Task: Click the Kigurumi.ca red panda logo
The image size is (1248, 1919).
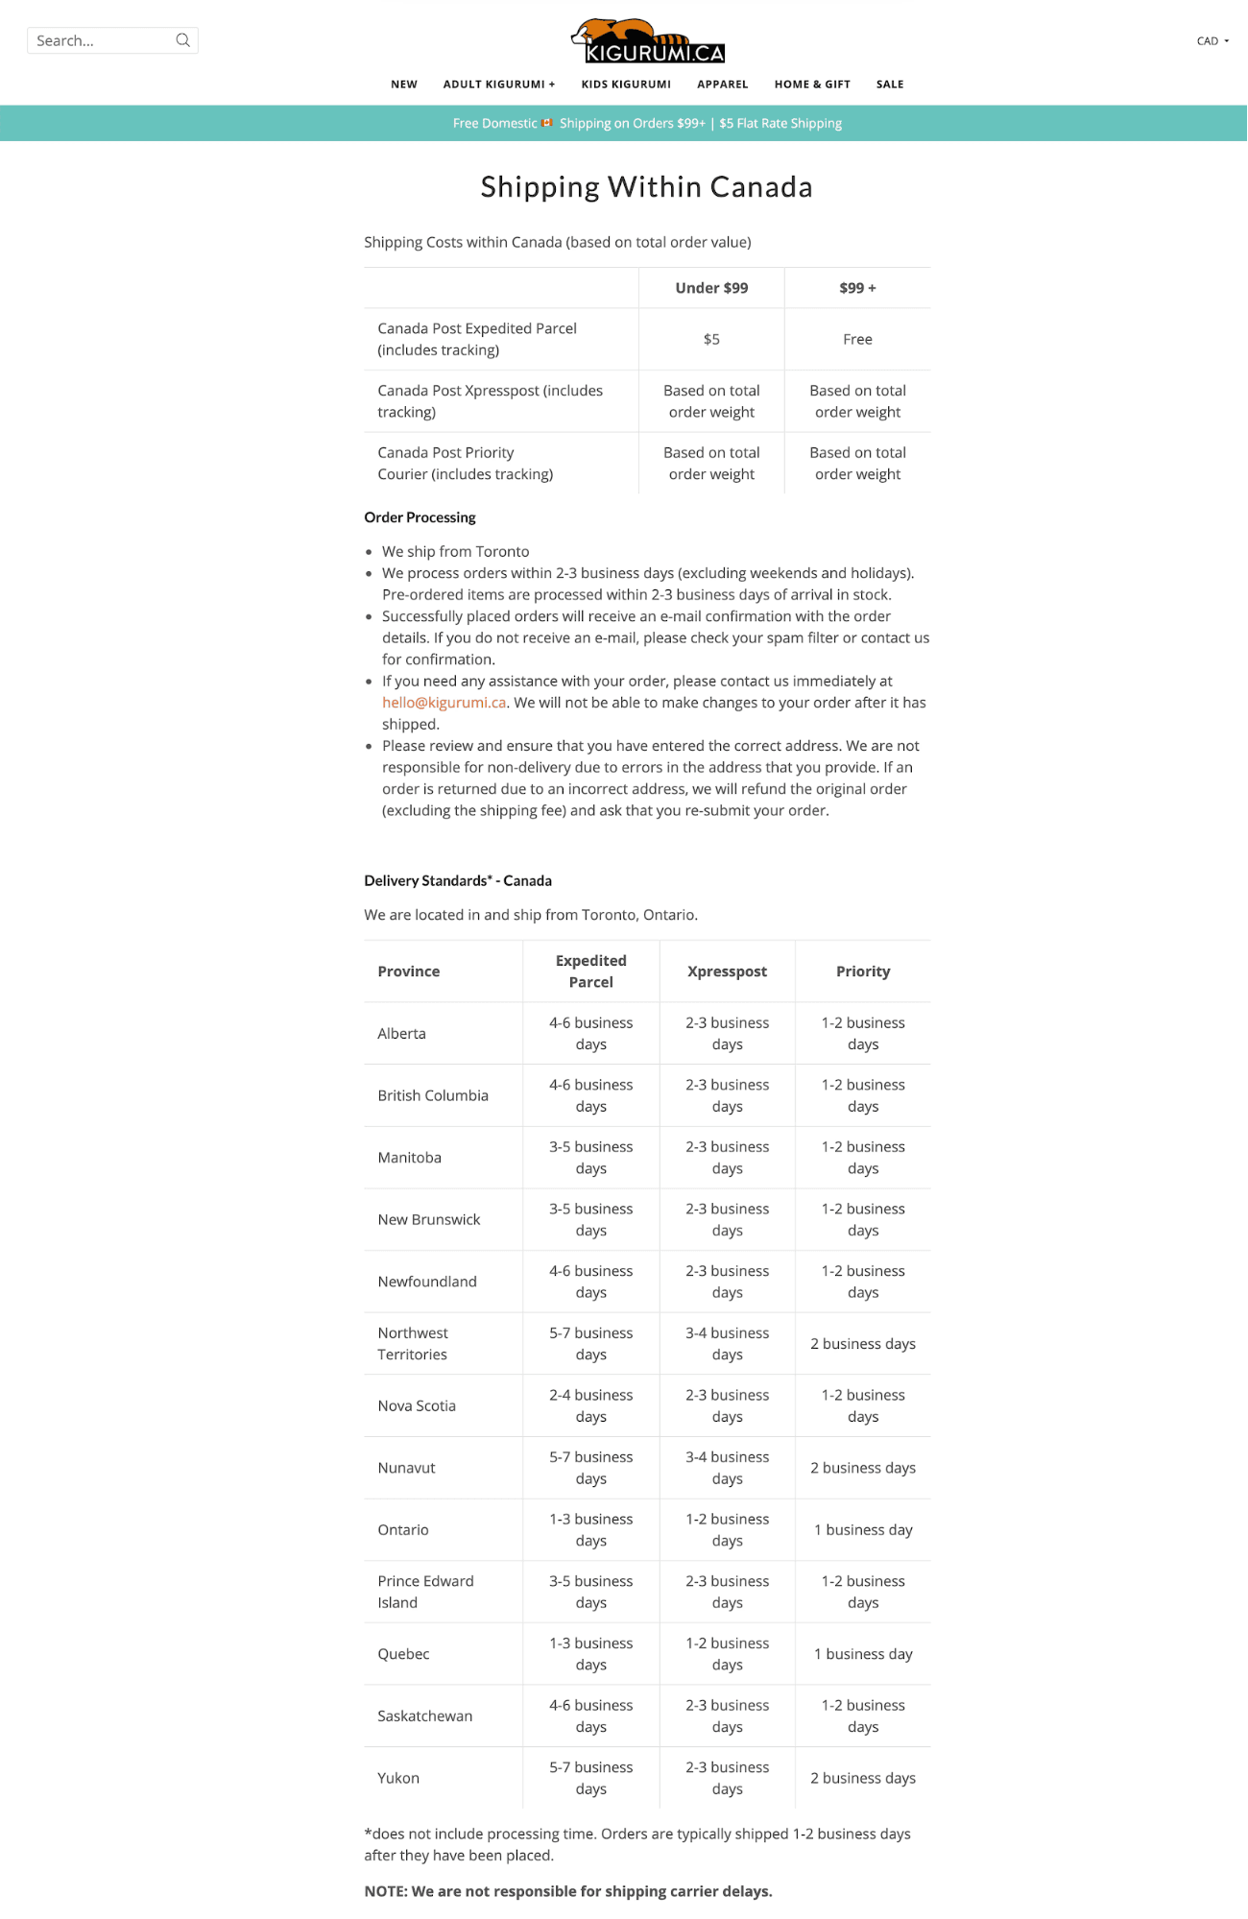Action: coord(647,41)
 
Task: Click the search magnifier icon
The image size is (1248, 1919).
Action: coord(182,40)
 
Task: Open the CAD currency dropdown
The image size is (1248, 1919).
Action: coord(1212,41)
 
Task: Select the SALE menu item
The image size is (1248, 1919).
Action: coord(890,84)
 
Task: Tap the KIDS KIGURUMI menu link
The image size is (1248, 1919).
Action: coord(626,84)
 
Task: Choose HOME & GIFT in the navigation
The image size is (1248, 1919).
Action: coord(812,84)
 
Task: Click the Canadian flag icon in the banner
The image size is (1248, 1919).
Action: coord(547,123)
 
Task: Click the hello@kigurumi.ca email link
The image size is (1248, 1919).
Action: coord(444,703)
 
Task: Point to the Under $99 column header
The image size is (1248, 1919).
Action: coord(711,288)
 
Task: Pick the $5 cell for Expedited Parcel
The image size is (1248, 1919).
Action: coord(711,339)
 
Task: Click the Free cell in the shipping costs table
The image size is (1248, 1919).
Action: coord(857,339)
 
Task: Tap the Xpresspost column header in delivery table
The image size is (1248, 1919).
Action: coord(727,971)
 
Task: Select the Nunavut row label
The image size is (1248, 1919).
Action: coord(406,1468)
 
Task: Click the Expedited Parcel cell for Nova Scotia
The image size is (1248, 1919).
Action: coord(590,1405)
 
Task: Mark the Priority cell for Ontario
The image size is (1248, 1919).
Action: coord(863,1530)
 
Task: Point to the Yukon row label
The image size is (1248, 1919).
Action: coord(398,1778)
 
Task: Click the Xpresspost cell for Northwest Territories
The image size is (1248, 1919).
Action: coord(727,1344)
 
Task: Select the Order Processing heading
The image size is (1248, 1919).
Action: coord(420,517)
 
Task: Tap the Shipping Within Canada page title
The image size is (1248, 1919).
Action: coord(646,187)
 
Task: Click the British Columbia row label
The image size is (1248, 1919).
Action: coord(433,1095)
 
